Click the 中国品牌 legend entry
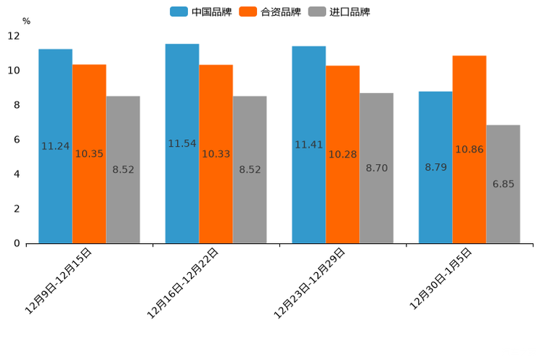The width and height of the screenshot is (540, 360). click(x=201, y=12)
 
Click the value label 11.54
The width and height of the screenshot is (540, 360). click(x=182, y=144)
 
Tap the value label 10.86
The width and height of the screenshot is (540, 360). click(x=469, y=150)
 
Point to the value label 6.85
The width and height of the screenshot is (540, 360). click(x=503, y=184)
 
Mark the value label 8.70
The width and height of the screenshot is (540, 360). click(x=377, y=168)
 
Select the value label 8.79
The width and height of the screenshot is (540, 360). click(x=435, y=168)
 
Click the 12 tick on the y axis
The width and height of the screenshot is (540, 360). click(x=14, y=36)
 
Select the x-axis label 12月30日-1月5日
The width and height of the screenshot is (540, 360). click(x=441, y=279)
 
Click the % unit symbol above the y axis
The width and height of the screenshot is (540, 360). click(x=26, y=21)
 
